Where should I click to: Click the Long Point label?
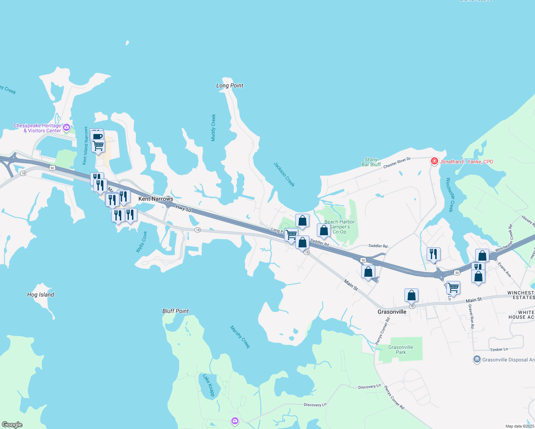pos(230,85)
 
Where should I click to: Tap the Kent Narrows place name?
pos(156,199)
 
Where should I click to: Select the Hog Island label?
pos(40,295)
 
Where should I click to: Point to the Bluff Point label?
pos(175,311)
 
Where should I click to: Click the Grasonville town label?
pos(392,312)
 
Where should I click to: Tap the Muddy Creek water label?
pos(213,128)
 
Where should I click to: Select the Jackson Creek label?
pos(284,174)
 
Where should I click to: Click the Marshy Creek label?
pos(240,337)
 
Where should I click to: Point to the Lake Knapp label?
pos(208,385)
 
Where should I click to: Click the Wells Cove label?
pos(142,242)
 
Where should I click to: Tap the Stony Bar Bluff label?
pos(371,162)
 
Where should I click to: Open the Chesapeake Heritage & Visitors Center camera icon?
pos(66,128)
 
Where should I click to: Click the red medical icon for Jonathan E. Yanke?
pos(435,162)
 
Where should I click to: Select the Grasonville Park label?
pos(401,350)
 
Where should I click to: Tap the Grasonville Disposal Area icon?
pos(477,360)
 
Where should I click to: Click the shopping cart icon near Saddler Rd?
pos(291,235)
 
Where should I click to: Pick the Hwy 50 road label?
pos(183,208)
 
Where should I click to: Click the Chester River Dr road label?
pos(397,163)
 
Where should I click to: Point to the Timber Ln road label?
pos(499,350)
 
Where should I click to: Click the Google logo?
pos(12,425)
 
